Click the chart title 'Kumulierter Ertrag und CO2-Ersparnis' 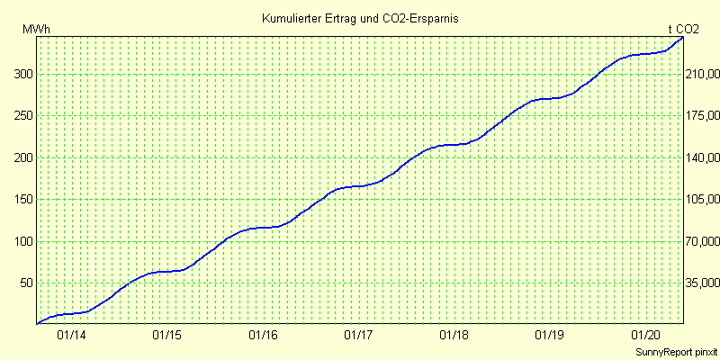click(x=360, y=19)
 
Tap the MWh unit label click(x=36, y=30)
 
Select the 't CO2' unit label click(x=683, y=30)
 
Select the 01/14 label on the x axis click(x=72, y=336)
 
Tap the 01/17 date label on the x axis click(x=358, y=336)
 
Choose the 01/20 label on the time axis click(x=645, y=336)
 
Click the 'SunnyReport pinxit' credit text click(x=676, y=353)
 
